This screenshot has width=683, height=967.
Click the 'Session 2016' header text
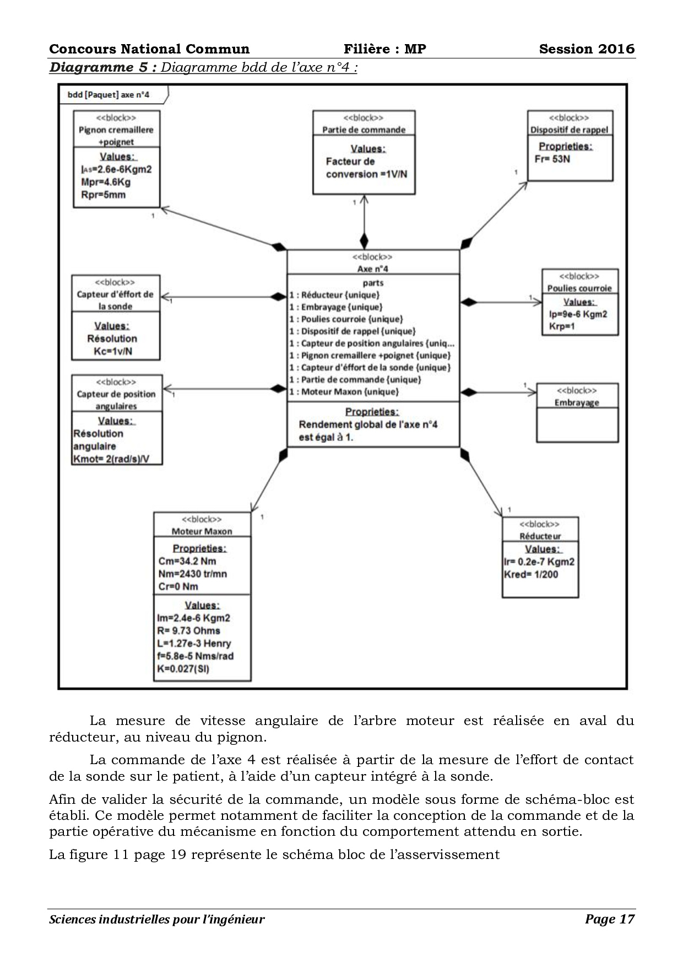[587, 49]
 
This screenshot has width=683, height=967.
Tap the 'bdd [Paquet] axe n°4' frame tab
[109, 95]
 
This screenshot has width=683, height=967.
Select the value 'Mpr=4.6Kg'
[106, 182]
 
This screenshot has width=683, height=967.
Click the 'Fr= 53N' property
[552, 159]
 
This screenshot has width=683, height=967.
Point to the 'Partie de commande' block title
[364, 130]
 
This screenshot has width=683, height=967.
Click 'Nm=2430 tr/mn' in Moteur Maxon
[192, 574]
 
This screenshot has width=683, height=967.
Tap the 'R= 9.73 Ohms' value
[188, 631]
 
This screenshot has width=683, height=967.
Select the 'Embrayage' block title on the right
[577, 402]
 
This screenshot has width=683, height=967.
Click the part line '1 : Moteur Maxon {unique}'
[344, 392]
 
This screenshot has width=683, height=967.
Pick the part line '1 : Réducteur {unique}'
[335, 295]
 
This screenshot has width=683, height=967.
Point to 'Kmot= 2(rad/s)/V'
[111, 459]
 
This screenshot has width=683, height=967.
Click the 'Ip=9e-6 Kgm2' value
[578, 314]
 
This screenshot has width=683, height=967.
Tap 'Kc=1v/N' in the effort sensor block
[113, 351]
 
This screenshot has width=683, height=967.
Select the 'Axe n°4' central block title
[373, 269]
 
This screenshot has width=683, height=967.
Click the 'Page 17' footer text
[610, 919]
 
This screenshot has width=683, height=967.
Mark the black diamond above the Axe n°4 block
[364, 241]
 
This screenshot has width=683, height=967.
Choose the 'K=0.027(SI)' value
[183, 669]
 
